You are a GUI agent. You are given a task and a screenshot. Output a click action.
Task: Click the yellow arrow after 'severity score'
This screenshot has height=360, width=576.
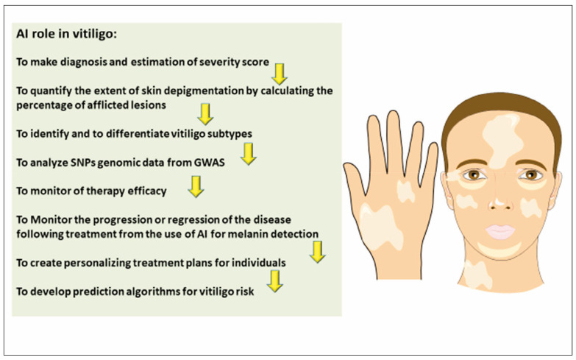(x=279, y=71)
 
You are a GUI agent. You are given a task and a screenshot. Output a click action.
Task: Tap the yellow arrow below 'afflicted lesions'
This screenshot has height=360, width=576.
(x=205, y=113)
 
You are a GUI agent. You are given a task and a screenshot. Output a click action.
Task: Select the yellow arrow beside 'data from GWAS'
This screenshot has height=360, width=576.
(x=248, y=153)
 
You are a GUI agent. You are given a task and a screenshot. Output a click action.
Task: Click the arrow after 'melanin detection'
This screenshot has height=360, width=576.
(x=316, y=251)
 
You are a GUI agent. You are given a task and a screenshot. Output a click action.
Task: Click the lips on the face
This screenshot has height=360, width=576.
(x=500, y=231)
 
